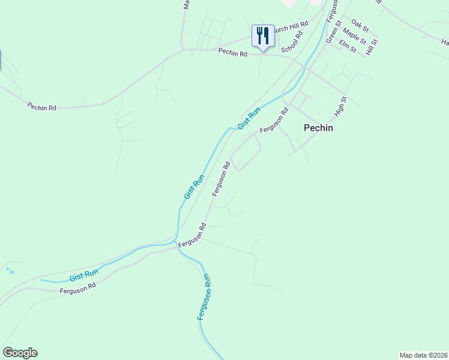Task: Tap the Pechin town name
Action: click(318, 128)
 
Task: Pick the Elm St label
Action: click(348, 45)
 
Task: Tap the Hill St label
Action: click(372, 47)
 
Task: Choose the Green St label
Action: click(333, 32)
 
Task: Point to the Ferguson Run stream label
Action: click(204, 296)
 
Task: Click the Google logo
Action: click(20, 353)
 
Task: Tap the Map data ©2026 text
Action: click(423, 355)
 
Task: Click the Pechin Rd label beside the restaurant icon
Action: click(233, 53)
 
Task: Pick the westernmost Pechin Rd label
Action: click(42, 107)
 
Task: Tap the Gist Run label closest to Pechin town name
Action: click(249, 118)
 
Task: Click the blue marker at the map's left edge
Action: click(1, 60)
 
